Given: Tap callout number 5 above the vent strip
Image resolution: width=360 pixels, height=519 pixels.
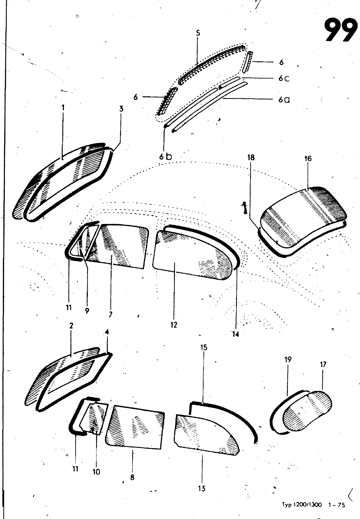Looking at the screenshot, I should (198, 33).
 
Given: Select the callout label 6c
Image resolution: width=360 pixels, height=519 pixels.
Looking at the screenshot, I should (283, 79).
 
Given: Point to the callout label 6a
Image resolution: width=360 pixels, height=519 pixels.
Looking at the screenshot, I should (284, 100).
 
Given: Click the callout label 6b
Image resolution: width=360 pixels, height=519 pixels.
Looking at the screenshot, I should (165, 156).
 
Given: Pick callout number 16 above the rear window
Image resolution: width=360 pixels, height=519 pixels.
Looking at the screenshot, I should (308, 158).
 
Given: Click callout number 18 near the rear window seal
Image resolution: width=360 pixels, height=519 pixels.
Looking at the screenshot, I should (251, 158).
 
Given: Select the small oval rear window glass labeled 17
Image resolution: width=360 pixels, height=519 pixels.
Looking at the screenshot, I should (308, 411).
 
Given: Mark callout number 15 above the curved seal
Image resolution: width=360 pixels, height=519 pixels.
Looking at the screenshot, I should (204, 347).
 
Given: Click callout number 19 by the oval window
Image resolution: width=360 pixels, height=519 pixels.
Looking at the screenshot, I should (288, 359).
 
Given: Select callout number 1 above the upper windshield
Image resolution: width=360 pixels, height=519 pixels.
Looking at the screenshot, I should (63, 107).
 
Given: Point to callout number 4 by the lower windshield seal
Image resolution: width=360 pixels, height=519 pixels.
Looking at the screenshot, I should (107, 332).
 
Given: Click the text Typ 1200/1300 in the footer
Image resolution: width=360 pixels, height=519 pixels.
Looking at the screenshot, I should (301, 505).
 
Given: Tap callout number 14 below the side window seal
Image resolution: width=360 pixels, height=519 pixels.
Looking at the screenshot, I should (235, 334).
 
